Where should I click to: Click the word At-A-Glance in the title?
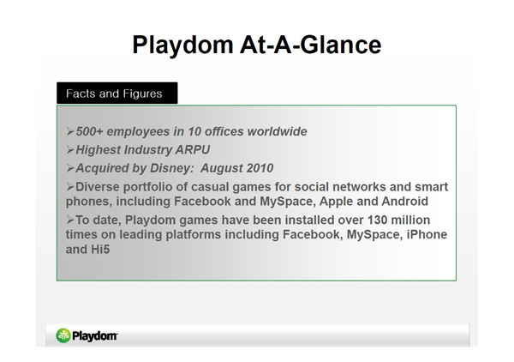(310, 45)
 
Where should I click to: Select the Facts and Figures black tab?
(117, 94)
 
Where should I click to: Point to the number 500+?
(89, 131)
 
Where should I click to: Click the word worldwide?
(277, 131)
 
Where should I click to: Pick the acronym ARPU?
(193, 149)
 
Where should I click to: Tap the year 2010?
(260, 168)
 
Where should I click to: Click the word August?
(221, 169)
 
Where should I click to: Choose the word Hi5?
(100, 250)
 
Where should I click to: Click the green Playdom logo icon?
(63, 335)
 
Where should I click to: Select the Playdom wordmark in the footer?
(95, 336)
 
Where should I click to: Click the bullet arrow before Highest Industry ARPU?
(70, 150)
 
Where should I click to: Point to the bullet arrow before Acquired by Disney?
(70, 168)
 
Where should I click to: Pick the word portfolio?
(147, 187)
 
